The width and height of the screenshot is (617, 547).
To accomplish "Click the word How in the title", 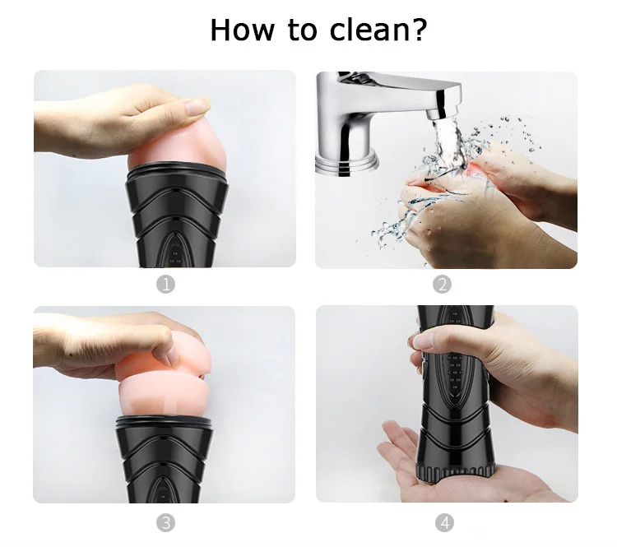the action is tap(242, 30).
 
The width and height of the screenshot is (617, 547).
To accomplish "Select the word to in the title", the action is tap(302, 30).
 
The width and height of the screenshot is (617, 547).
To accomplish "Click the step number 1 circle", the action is tap(165, 284).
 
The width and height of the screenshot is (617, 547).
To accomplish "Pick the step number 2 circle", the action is tap(442, 284).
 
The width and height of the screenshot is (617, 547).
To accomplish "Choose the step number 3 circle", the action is tap(165, 523).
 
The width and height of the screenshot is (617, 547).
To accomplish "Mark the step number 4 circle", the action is tap(444, 523).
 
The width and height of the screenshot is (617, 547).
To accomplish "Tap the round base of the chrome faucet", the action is tap(347, 164).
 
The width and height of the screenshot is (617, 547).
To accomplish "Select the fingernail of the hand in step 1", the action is tap(197, 106).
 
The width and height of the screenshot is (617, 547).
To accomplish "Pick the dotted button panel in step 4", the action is tap(455, 370).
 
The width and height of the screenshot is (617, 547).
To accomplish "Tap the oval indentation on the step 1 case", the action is tap(175, 249).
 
